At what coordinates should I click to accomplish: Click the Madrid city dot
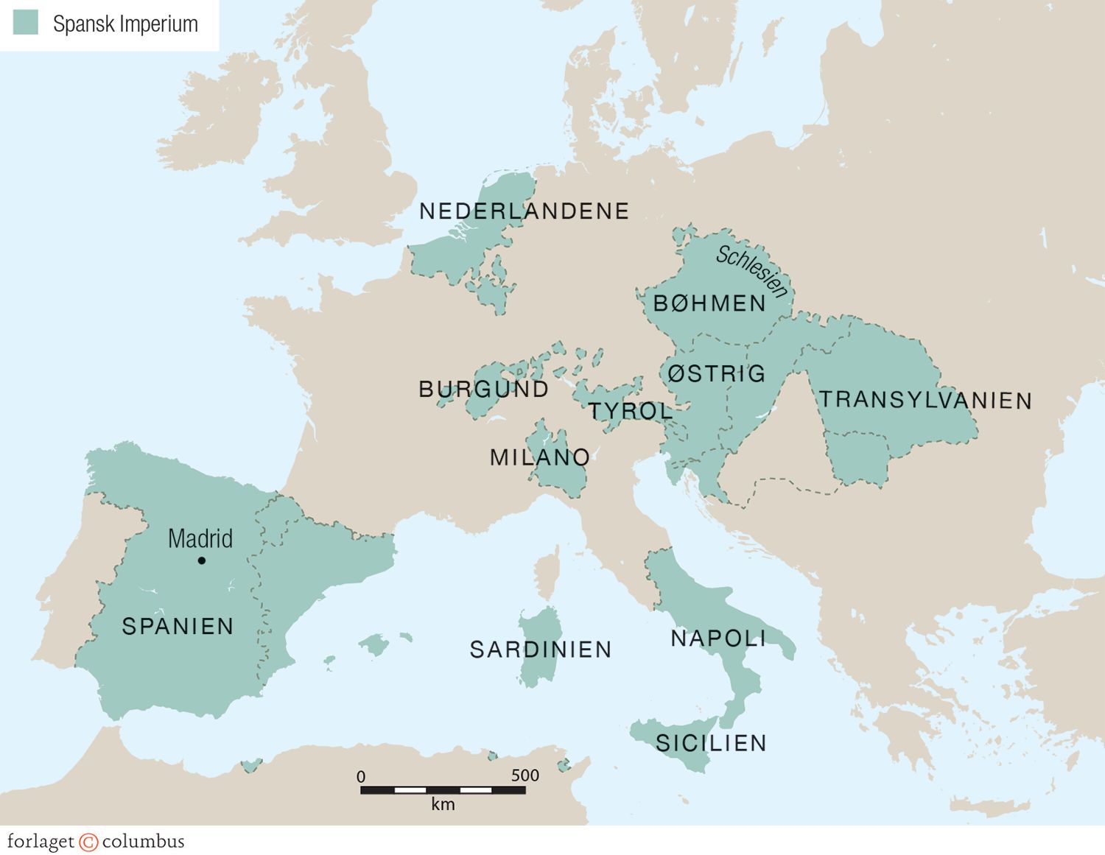202,560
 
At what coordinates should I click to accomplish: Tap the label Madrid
200,538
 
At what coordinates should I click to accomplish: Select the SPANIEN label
178,626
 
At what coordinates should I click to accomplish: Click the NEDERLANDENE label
524,211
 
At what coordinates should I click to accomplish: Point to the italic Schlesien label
752,271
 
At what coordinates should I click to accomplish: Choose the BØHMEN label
710,303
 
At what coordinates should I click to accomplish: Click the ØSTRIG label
717,373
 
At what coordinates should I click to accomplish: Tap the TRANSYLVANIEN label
925,400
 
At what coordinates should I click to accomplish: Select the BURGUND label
484,389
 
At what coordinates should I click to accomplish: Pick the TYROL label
631,411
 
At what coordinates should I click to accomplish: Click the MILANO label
540,457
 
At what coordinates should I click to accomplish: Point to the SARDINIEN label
541,650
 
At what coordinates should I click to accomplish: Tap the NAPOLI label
718,638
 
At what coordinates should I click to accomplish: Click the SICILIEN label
711,743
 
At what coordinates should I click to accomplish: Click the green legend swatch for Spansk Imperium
26,23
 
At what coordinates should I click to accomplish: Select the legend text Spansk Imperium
125,24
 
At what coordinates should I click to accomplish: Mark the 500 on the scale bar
525,775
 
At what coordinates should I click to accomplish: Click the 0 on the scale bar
361,776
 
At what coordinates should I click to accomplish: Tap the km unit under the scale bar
443,804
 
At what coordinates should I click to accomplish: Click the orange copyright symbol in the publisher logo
88,842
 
